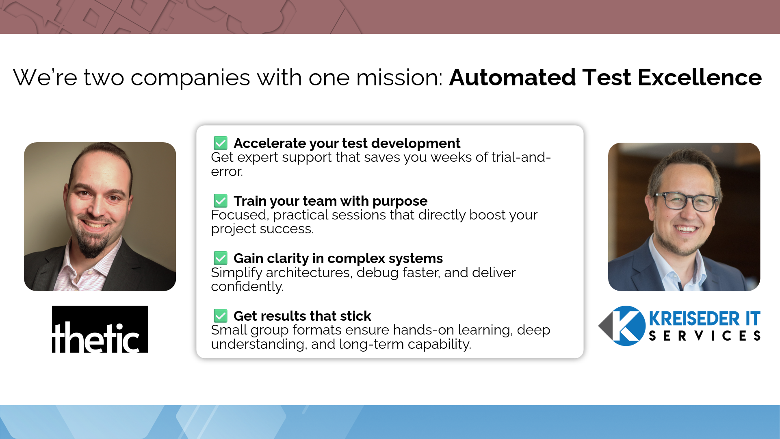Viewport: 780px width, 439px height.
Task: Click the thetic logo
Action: click(100, 329)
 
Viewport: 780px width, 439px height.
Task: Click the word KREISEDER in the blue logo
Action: click(694, 319)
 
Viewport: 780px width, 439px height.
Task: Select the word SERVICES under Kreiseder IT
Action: click(704, 336)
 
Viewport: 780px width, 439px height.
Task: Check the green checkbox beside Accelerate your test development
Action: click(221, 143)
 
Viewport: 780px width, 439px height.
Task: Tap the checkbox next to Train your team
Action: click(221, 201)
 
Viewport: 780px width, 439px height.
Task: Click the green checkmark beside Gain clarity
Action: click(221, 258)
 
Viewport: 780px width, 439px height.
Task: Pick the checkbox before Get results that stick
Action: click(221, 316)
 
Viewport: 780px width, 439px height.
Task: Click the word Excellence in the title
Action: click(700, 77)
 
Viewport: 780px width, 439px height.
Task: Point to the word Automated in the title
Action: click(512, 77)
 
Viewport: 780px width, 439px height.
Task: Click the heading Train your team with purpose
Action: click(330, 201)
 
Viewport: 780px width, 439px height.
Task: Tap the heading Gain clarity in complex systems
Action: click(338, 258)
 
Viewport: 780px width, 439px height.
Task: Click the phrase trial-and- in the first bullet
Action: click(521, 157)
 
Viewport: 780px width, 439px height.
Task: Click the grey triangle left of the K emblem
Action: click(605, 326)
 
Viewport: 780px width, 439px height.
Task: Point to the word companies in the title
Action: click(190, 77)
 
